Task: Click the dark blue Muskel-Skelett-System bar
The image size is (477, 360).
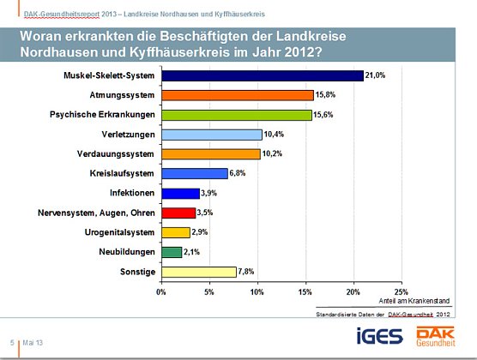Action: (262, 76)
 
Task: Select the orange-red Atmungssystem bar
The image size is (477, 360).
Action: (237, 95)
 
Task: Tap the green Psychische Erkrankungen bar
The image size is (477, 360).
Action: (236, 115)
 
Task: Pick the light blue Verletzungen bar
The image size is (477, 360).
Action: (211, 135)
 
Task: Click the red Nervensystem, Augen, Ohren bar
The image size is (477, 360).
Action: (178, 213)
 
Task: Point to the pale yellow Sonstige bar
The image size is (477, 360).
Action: (198, 272)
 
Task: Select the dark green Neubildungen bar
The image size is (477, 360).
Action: (172, 252)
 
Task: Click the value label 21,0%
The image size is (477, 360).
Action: (377, 75)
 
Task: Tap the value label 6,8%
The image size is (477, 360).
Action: (240, 173)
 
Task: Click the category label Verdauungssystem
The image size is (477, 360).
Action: (117, 154)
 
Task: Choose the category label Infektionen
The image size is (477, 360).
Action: (131, 193)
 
